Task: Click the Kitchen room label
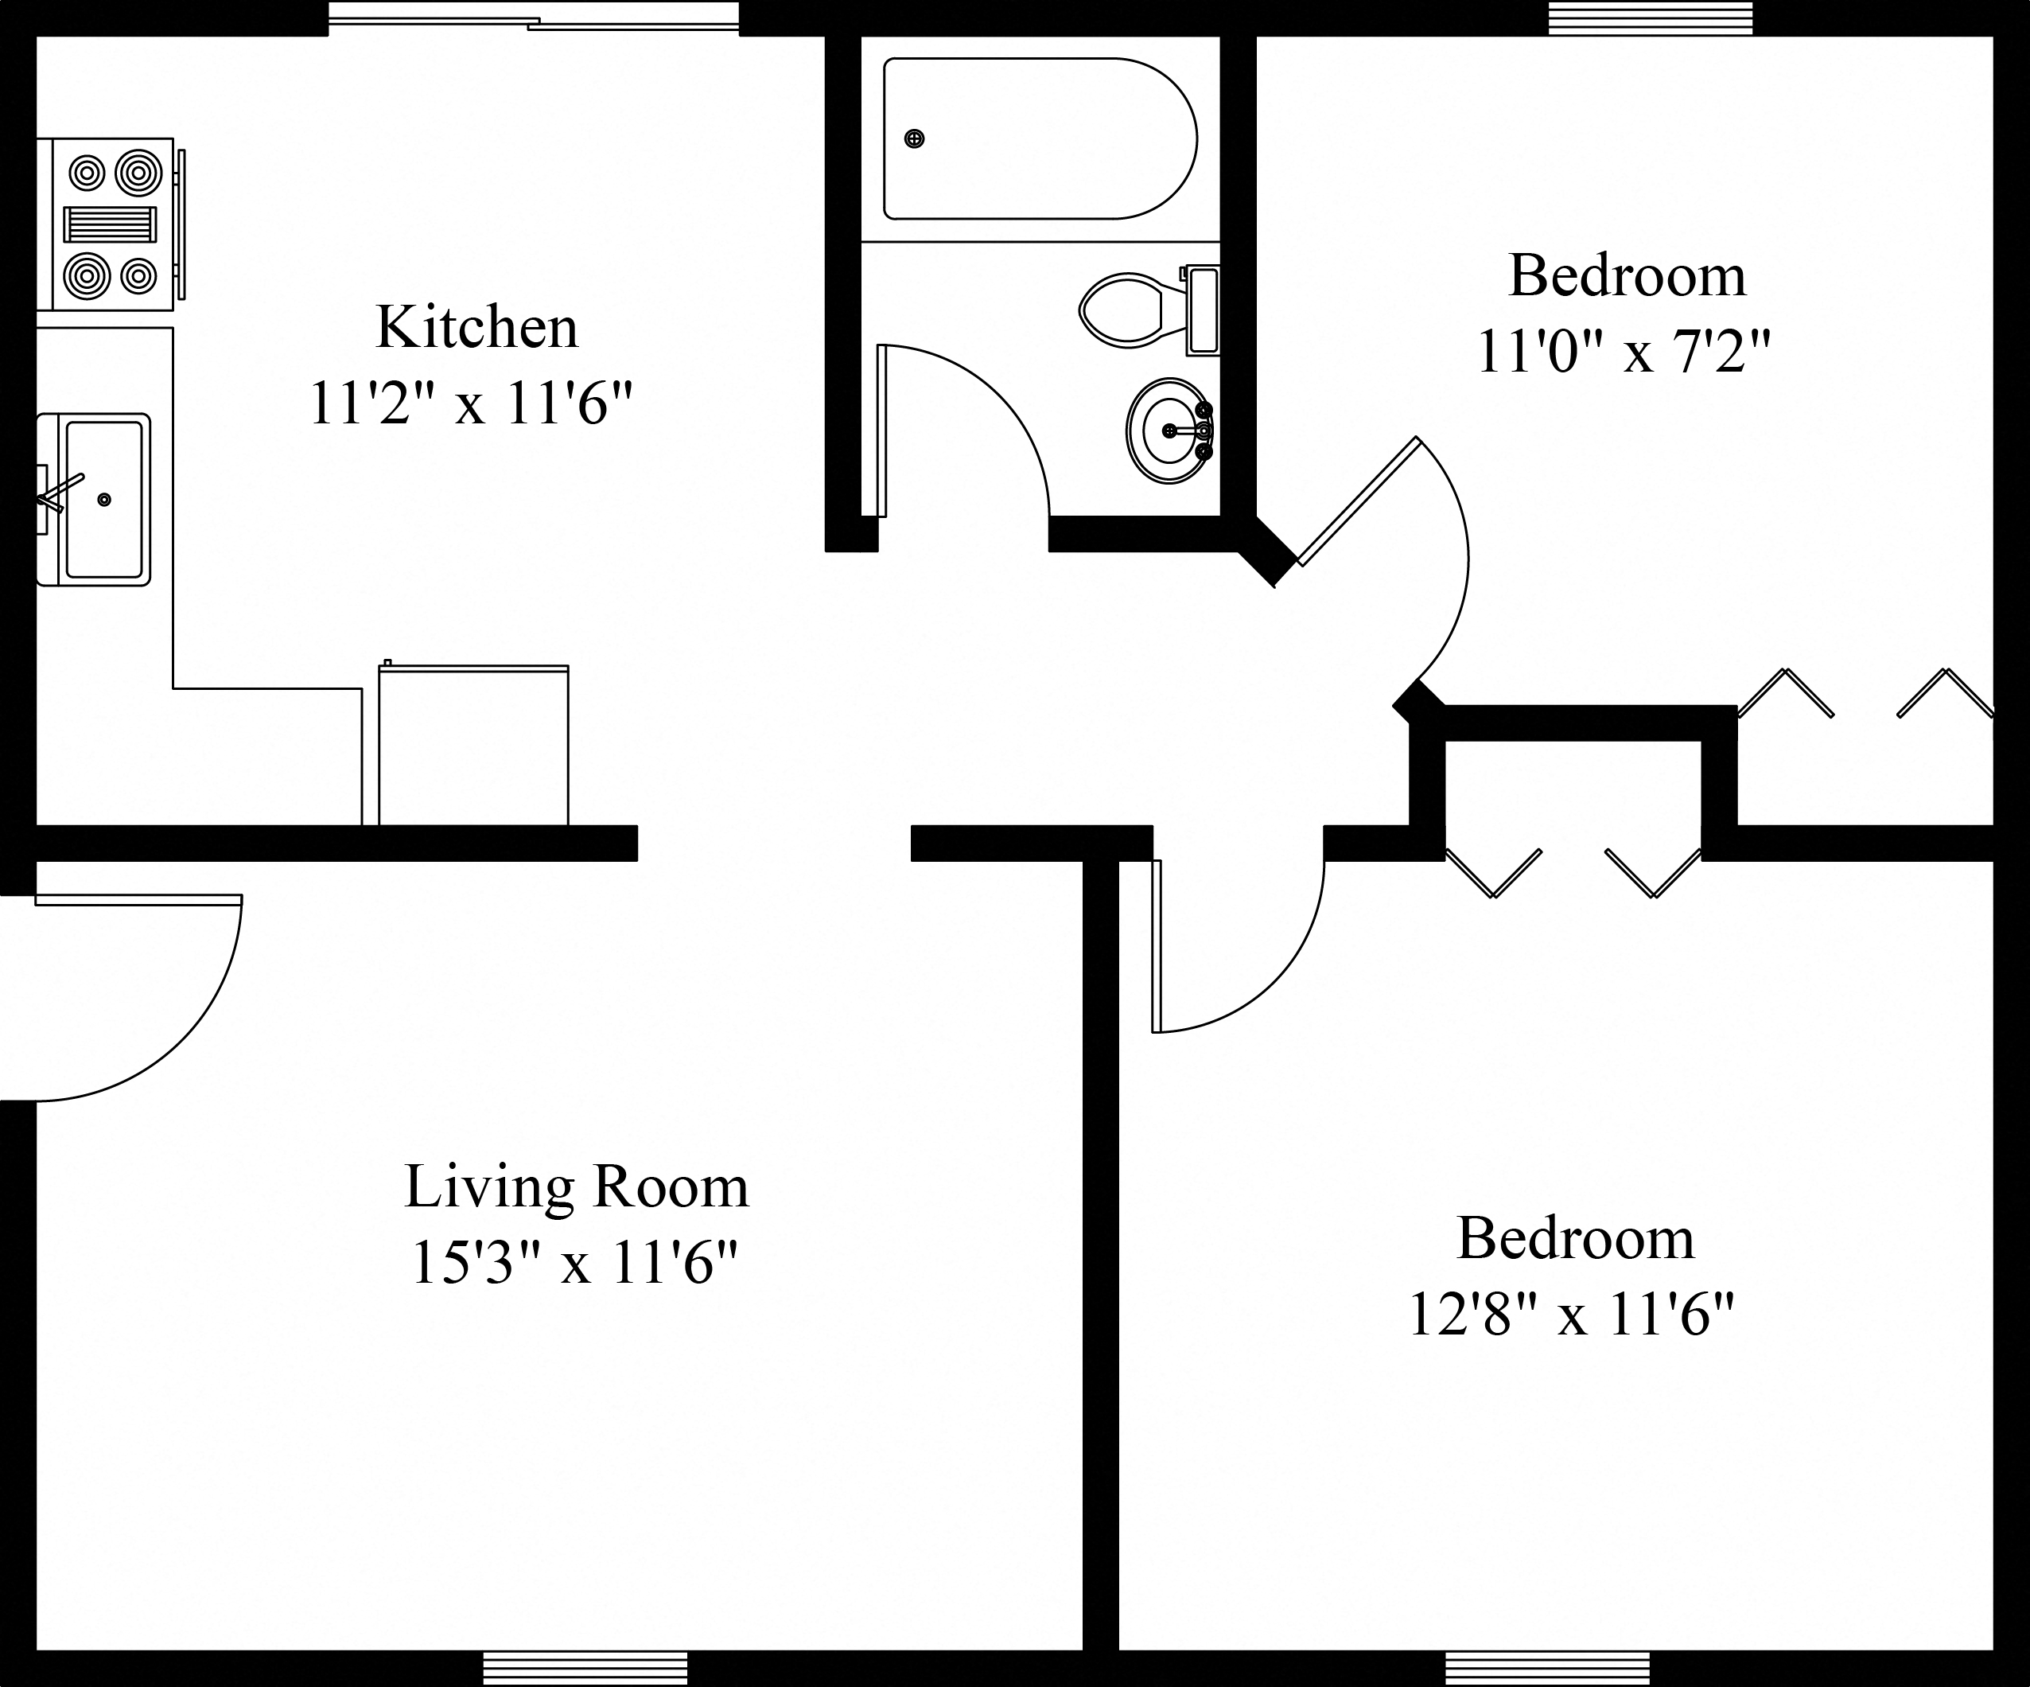[476, 328]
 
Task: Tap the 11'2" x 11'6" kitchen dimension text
[470, 403]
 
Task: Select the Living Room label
[576, 1187]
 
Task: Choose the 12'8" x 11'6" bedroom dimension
[1571, 1315]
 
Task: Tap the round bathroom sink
[1169, 431]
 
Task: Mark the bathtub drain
[913, 139]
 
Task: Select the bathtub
[1039, 139]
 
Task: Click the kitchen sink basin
[104, 499]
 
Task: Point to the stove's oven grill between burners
[109, 224]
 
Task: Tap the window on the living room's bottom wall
[585, 1668]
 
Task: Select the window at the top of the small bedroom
[1650, 18]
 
